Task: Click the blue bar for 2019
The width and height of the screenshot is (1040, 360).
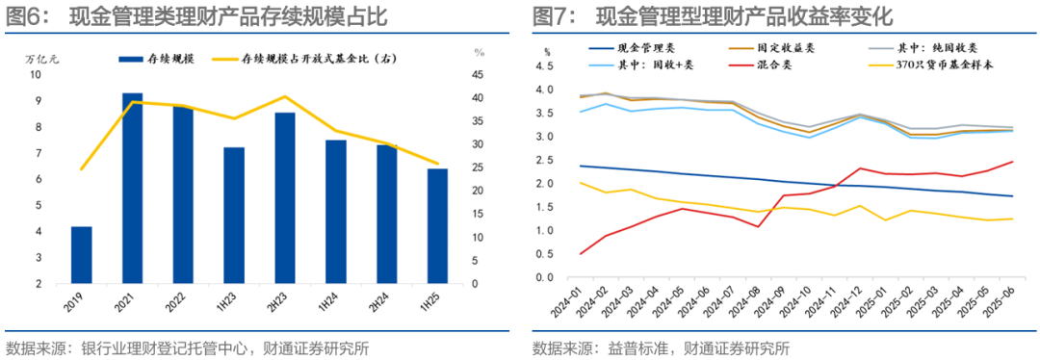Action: click(82, 255)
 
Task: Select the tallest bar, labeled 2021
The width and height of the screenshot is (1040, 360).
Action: click(133, 189)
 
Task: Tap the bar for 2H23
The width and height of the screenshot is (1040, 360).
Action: click(285, 198)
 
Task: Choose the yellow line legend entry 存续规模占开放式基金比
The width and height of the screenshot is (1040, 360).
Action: click(318, 59)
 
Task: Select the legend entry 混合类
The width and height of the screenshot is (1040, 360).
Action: click(774, 64)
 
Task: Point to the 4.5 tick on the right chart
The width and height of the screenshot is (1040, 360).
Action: click(545, 67)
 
